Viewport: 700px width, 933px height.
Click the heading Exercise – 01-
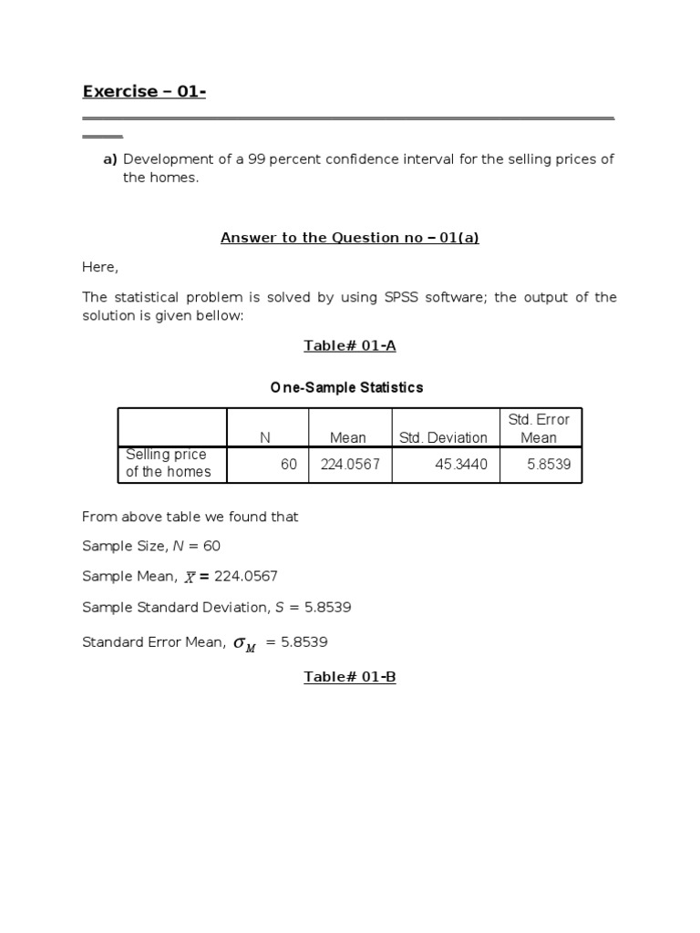143,91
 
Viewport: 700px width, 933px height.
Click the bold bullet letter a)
109,159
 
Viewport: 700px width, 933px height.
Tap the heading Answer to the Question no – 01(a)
349,238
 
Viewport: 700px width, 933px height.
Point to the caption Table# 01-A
349,345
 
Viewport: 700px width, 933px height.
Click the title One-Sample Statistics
346,387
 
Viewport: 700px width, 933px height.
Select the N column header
265,437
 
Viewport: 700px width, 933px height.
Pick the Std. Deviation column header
443,437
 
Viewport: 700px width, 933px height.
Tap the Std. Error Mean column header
539,428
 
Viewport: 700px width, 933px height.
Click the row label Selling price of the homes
168,463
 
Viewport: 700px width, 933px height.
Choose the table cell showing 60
289,465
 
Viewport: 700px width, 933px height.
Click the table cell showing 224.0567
350,465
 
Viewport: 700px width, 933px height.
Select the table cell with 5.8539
549,465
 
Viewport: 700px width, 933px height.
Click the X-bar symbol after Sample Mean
190,578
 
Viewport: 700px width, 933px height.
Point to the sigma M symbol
244,643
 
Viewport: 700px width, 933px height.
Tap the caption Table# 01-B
349,677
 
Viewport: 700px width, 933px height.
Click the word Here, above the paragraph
100,268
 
